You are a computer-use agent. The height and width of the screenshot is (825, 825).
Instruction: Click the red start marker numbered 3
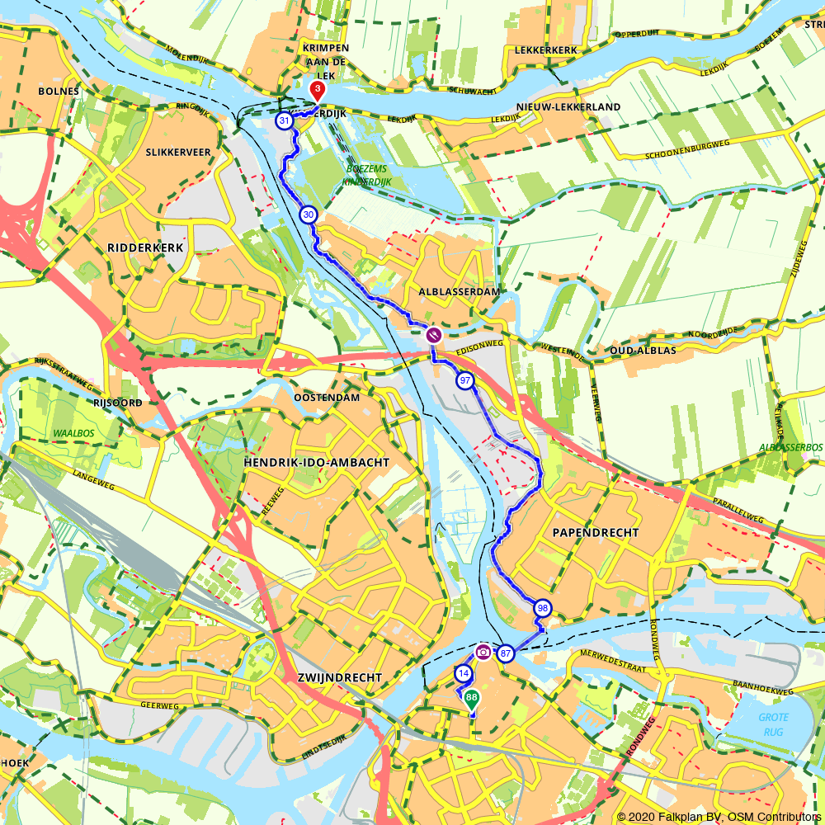317,89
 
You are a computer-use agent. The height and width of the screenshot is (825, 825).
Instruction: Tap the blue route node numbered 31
285,121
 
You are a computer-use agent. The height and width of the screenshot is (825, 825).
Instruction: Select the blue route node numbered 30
308,214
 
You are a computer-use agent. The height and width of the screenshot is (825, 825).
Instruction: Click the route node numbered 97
465,380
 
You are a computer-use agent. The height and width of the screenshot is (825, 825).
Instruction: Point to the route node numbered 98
542,608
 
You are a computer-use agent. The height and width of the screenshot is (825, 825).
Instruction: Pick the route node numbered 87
506,653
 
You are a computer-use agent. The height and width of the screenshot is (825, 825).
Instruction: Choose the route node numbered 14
464,674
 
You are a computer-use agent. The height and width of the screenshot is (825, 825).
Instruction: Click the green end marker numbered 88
471,699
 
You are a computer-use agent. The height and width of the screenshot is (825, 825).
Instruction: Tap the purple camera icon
483,652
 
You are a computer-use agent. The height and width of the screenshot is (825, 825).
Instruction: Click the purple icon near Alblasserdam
433,335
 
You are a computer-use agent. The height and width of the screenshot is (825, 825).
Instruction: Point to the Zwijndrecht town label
338,677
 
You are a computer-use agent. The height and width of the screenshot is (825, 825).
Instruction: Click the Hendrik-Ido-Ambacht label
316,463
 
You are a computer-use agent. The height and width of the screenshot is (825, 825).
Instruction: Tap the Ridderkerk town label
144,247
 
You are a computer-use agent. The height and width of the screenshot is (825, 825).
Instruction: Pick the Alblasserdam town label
447,292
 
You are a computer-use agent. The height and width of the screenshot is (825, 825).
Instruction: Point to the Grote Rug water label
774,723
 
